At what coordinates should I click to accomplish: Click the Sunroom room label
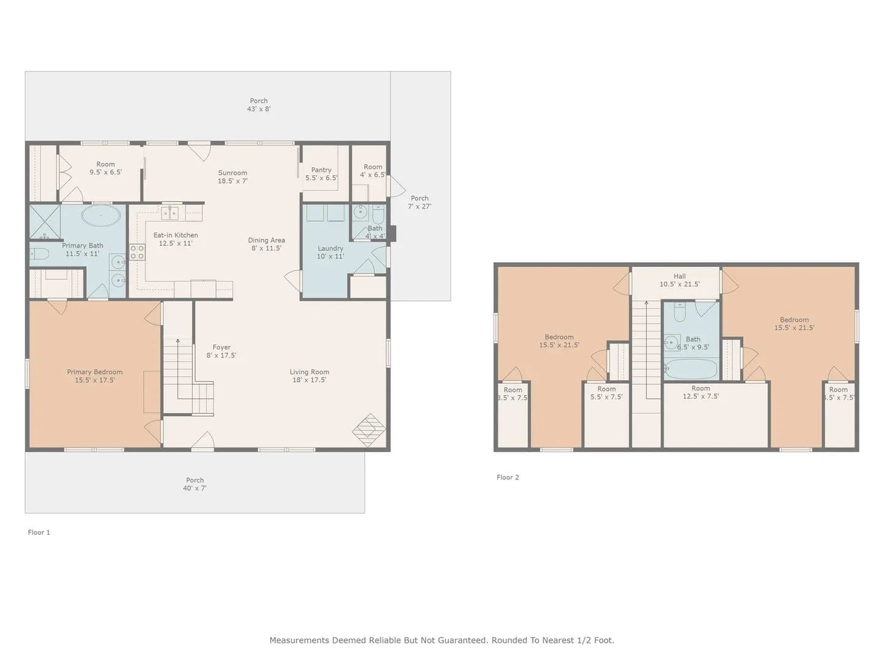click(x=233, y=177)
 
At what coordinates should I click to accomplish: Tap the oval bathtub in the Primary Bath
click(x=101, y=215)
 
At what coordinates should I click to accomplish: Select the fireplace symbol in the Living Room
click(x=369, y=430)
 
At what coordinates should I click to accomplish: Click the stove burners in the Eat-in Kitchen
click(x=137, y=252)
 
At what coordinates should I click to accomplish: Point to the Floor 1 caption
click(x=39, y=532)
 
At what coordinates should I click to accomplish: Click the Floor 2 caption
click(x=508, y=477)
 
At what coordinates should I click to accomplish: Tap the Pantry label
click(x=321, y=174)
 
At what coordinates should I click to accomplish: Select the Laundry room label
click(x=330, y=252)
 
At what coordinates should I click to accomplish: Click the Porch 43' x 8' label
click(x=258, y=104)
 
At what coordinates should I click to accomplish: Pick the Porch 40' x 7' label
click(x=195, y=484)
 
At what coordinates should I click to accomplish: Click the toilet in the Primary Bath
click(x=39, y=254)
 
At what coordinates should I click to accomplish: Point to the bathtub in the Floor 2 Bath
click(x=691, y=369)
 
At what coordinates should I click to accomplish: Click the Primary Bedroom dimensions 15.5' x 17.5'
click(x=95, y=380)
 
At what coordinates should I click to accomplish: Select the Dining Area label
click(x=266, y=244)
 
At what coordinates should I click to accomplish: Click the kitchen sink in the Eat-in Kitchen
click(x=169, y=213)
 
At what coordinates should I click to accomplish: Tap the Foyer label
click(x=222, y=351)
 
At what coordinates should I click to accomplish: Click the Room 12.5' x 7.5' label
click(x=700, y=392)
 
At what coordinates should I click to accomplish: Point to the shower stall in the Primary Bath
click(x=45, y=222)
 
